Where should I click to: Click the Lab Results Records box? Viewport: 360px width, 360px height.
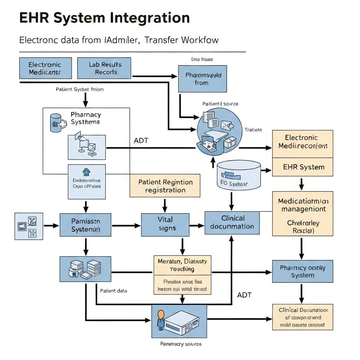click(104, 68)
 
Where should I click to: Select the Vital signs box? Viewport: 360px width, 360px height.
click(165, 224)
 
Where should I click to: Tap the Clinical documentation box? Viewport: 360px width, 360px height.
click(232, 223)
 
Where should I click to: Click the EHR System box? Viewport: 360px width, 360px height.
click(303, 167)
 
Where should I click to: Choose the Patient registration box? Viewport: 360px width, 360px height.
click(165, 186)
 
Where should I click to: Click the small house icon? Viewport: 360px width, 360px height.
click(86, 172)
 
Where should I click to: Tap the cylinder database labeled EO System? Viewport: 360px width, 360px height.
click(239, 174)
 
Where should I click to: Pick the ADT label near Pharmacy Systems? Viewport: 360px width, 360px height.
click(141, 141)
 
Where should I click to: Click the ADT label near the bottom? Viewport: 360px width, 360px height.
click(244, 295)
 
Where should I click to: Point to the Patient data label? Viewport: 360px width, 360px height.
click(114, 291)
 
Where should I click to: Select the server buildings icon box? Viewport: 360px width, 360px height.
click(85, 269)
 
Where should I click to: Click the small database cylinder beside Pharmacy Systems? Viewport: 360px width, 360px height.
click(56, 123)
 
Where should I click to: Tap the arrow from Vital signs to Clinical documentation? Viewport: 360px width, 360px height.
click(197, 225)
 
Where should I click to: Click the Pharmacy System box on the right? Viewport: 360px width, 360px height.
click(302, 271)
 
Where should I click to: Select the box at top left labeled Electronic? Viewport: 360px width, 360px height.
click(45, 68)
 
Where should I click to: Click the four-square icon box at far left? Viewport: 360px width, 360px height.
click(28, 226)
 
